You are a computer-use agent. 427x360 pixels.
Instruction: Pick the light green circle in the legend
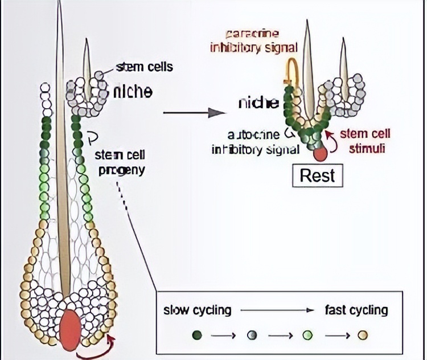(x=307, y=336)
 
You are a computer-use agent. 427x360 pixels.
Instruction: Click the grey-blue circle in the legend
(x=252, y=336)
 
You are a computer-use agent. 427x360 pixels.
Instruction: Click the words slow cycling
(x=197, y=310)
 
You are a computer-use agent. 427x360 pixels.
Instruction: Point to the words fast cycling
(x=356, y=310)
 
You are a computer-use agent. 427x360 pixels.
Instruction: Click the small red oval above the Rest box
(x=318, y=153)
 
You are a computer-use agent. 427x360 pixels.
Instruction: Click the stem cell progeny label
(x=120, y=162)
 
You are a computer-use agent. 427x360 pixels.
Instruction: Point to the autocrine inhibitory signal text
(x=254, y=142)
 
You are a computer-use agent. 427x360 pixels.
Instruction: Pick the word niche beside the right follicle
(x=259, y=103)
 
